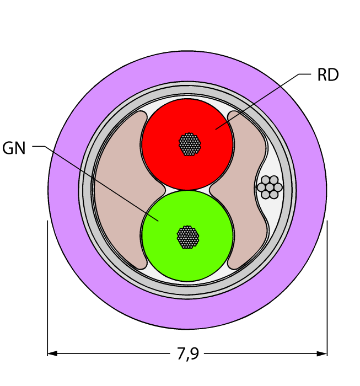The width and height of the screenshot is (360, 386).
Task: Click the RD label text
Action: click(328, 74)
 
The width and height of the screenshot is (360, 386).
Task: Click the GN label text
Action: click(14, 148)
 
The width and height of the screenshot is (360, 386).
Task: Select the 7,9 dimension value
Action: click(187, 354)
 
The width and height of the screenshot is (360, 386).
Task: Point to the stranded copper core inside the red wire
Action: click(190, 144)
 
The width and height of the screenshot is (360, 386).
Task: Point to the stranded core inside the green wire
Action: click(188, 237)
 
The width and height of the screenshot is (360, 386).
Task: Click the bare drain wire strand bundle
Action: click(270, 187)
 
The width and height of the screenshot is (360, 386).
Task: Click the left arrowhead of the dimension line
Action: click(52, 353)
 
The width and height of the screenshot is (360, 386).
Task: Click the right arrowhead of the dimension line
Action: click(322, 353)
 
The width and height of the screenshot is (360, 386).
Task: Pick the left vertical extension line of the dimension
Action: click(47, 288)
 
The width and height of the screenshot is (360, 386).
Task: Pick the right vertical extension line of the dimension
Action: click(327, 288)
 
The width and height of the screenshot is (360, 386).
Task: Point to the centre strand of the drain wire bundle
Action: click(270, 187)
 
